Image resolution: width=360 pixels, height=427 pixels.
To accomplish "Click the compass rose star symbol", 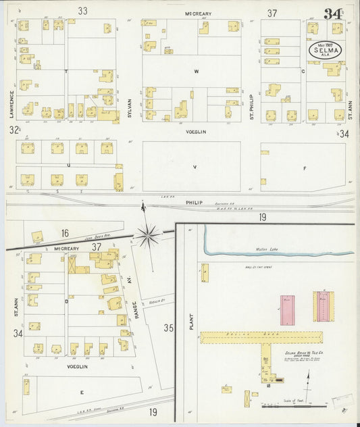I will [x=148, y=235].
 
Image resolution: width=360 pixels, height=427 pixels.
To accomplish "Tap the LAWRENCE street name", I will [x=11, y=104].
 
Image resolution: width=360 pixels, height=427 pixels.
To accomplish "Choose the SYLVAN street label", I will [x=128, y=105].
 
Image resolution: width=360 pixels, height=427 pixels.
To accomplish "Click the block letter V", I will [x=195, y=166].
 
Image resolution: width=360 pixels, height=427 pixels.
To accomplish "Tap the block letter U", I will [x=68, y=164].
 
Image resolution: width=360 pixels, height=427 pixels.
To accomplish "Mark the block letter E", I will [x=82, y=392].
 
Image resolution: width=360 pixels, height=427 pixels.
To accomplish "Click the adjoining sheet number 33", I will [x=83, y=11].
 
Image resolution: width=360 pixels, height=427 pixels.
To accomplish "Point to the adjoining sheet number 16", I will [x=65, y=233].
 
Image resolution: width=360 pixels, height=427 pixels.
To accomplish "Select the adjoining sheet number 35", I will [x=168, y=328].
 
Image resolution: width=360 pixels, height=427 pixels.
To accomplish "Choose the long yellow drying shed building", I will [x=261, y=336].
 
